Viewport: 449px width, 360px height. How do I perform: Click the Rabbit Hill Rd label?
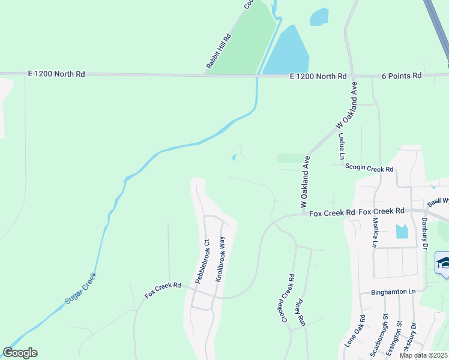click(x=219, y=50)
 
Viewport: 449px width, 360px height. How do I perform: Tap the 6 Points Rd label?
click(x=402, y=76)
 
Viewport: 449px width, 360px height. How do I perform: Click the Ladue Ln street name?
click(x=342, y=145)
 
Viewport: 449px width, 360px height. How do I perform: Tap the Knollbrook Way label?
click(x=221, y=259)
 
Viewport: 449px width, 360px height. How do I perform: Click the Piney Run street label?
click(x=301, y=313)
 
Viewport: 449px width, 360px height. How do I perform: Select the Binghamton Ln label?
click(x=387, y=292)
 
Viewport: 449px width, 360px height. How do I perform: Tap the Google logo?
click(x=20, y=353)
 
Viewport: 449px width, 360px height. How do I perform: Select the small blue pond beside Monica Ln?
click(x=402, y=230)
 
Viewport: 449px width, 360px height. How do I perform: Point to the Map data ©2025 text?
click(x=423, y=355)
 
